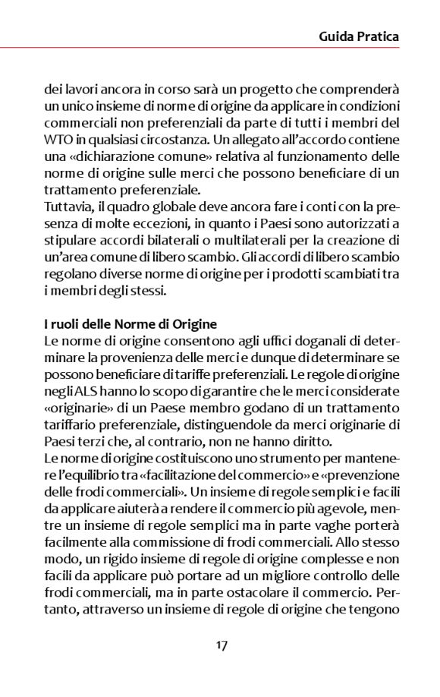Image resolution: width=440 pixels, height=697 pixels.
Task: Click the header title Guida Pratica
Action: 359,36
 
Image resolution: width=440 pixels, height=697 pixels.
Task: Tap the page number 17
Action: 222,645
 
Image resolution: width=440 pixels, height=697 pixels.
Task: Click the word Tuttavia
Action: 68,205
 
